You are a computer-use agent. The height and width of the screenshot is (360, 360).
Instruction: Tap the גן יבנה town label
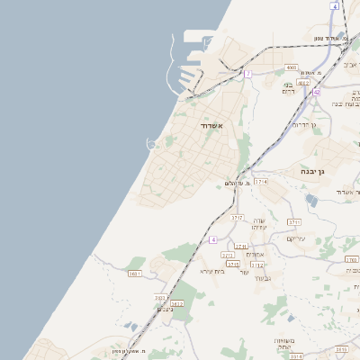click(x=319, y=169)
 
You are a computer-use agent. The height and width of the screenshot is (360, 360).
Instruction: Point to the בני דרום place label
click(x=289, y=88)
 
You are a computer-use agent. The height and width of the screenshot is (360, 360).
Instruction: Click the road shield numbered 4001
click(x=291, y=67)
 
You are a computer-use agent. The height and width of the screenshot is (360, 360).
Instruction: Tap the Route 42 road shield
click(x=317, y=92)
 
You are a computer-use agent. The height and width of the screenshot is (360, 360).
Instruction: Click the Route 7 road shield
click(x=247, y=74)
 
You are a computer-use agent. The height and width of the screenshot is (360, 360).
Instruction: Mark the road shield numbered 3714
click(x=261, y=182)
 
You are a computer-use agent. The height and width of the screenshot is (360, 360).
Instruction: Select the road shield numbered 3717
click(x=238, y=217)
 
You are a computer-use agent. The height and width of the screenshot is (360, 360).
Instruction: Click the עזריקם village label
click(x=296, y=238)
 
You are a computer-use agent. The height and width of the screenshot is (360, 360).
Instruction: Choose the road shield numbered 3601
click(x=135, y=273)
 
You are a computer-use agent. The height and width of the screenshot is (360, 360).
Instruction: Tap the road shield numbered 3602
click(x=161, y=297)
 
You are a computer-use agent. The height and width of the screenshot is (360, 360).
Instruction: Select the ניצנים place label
click(x=164, y=309)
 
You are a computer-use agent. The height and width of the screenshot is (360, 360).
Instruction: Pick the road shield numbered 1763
click(x=351, y=260)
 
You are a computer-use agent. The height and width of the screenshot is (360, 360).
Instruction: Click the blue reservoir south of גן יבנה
click(x=311, y=200)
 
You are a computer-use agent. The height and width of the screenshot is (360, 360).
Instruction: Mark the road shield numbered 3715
click(x=233, y=265)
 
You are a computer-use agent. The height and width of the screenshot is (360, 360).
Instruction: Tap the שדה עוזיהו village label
click(x=259, y=224)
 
